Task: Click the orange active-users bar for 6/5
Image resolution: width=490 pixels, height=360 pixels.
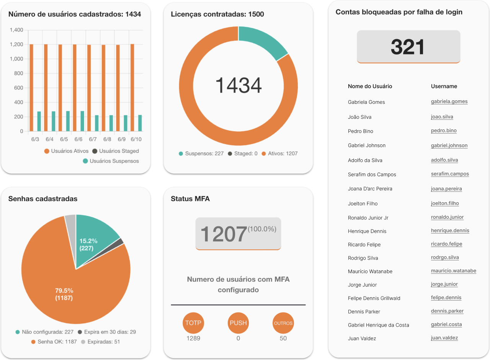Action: tap(60, 88)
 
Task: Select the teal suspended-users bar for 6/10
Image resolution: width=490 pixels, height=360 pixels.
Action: tap(140, 123)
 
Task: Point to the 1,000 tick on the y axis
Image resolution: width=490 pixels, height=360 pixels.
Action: tap(16, 59)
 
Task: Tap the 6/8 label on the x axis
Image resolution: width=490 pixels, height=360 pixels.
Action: tap(107, 139)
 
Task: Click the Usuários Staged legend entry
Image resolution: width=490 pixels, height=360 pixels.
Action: tap(116, 151)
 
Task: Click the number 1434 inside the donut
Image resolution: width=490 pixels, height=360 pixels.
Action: tap(238, 85)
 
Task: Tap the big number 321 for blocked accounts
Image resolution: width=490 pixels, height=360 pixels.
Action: tap(408, 47)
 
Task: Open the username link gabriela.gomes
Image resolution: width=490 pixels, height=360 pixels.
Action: tap(449, 101)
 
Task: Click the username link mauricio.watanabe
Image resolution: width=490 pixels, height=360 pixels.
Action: tap(453, 271)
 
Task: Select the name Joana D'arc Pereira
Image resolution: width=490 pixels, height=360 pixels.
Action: tap(370, 189)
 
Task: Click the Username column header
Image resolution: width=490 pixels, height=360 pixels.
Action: tap(444, 86)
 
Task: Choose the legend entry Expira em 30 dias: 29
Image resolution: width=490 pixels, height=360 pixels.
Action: tap(107, 332)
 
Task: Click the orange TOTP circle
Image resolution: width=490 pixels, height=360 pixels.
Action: tap(193, 323)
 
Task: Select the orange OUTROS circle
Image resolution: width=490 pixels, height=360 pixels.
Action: tap(283, 323)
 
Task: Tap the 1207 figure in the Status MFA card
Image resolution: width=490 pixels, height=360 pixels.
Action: tap(224, 234)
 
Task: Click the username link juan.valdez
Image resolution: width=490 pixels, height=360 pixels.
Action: tap(444, 338)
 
